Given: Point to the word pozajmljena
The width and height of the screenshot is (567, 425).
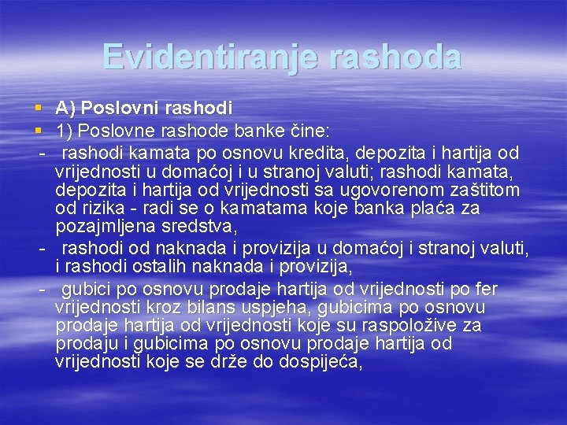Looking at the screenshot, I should [x=103, y=228].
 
